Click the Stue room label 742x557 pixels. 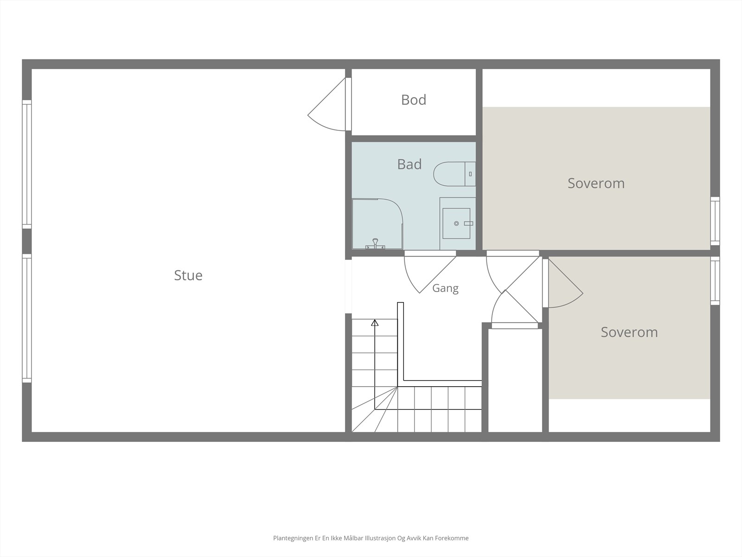click(188, 275)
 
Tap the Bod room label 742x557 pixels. click(413, 100)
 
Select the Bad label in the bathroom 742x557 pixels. click(409, 164)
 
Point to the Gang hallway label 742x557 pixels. click(445, 288)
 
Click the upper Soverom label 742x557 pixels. click(596, 183)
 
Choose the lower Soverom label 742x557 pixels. click(629, 332)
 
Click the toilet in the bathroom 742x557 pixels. click(454, 174)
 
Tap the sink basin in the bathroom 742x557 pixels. click(456, 224)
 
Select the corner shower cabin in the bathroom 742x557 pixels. click(377, 224)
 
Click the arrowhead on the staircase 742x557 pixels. click(375, 323)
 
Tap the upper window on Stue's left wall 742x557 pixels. click(27, 164)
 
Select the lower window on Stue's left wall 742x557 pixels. click(27, 318)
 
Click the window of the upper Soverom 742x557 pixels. click(715, 221)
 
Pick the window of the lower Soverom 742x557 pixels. click(715, 281)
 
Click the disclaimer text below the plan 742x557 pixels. click(371, 538)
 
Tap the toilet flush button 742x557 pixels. click(470, 174)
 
